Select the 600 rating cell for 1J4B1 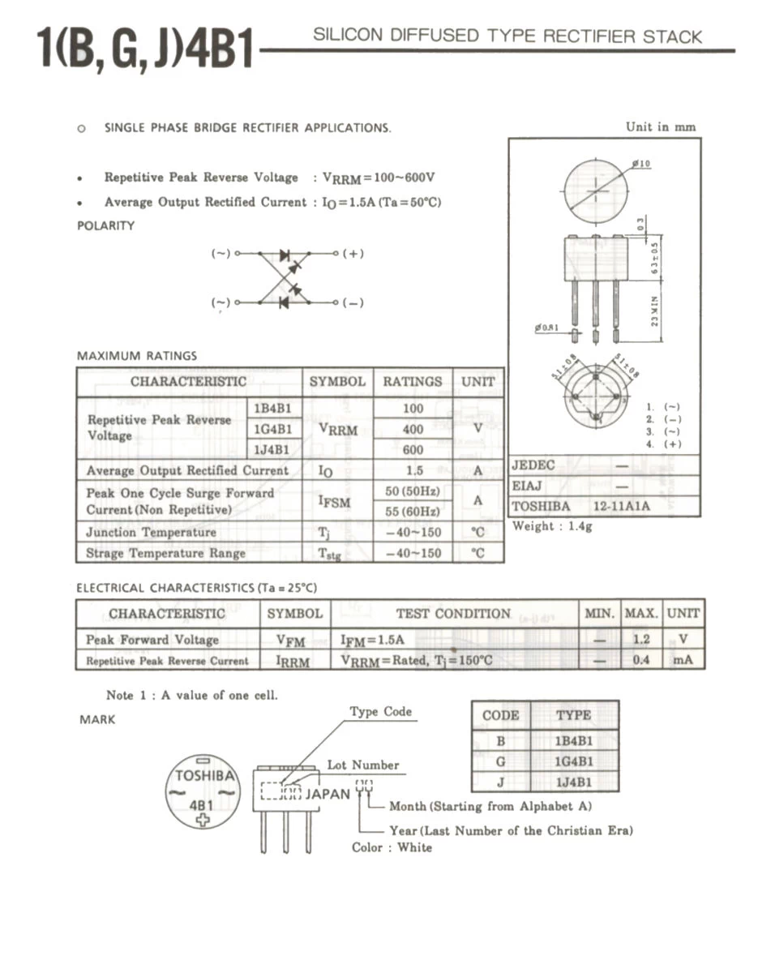click(413, 449)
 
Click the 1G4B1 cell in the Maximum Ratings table click(273, 429)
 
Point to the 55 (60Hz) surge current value click(413, 512)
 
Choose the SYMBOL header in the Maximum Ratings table click(337, 381)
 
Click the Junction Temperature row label click(152, 533)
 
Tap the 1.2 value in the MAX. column click(641, 640)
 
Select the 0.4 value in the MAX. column click(641, 660)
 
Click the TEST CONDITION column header click(453, 614)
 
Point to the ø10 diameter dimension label click(642, 164)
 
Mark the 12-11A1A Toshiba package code click(622, 506)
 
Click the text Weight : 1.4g click(552, 526)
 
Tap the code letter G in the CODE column click(500, 761)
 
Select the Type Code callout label click(381, 712)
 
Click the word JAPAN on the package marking click(328, 794)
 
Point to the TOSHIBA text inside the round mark click(203, 774)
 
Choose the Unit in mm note click(660, 126)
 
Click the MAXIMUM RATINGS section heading click(136, 355)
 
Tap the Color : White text click(392, 847)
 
